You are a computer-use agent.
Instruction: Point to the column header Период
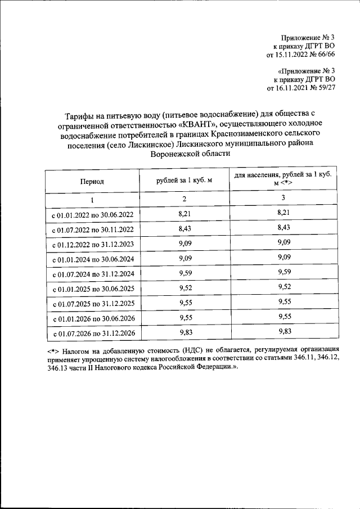coord(92,182)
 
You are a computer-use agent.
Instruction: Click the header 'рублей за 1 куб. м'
coord(183,179)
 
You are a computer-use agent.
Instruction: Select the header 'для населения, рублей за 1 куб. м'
coord(282,179)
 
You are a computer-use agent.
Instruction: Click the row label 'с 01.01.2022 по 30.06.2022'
coord(92,215)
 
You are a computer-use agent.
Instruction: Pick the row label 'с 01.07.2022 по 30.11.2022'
coord(92,229)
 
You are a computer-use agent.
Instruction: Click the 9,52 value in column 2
coord(183,288)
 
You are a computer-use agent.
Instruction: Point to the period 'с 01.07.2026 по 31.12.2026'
coord(92,334)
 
